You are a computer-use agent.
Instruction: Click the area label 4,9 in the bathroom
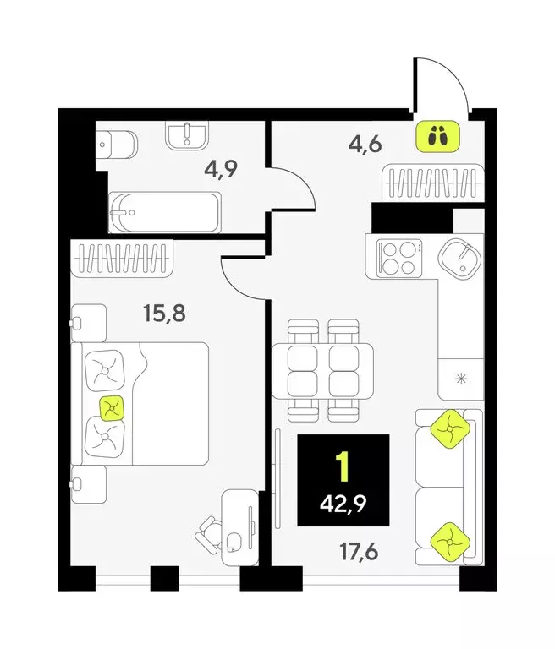[x=220, y=167]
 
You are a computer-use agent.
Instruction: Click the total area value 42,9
[x=343, y=507]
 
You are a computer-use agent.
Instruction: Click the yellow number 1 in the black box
[x=343, y=466]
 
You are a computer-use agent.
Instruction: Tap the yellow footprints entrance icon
[x=437, y=135]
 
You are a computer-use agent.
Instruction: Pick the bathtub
[x=166, y=211]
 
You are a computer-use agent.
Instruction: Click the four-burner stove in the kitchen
[x=398, y=257]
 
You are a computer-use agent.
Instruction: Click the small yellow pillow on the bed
[x=111, y=408]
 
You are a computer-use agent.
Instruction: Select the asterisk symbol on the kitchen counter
[x=460, y=377]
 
